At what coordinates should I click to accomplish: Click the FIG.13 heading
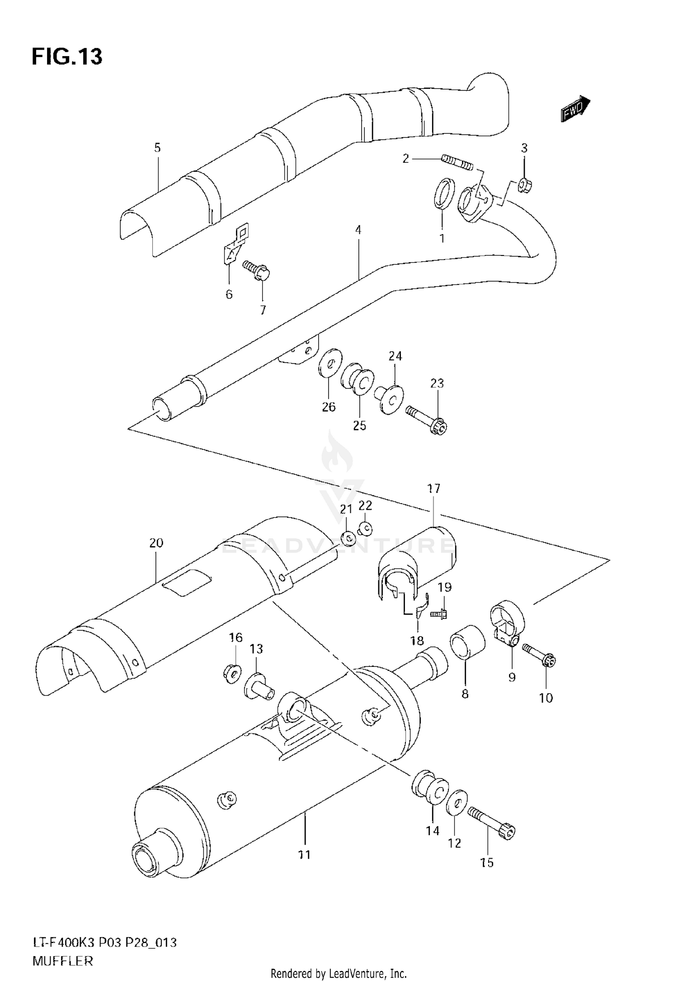[x=67, y=57]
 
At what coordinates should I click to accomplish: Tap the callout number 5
[x=157, y=147]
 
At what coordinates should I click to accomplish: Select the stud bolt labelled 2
[x=457, y=163]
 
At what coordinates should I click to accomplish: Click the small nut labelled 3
[x=524, y=185]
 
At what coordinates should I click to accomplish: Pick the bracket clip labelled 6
[x=235, y=246]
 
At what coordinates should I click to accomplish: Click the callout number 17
[x=433, y=488]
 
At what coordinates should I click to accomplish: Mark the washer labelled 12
[x=456, y=803]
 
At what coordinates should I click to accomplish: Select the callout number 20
[x=156, y=543]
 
